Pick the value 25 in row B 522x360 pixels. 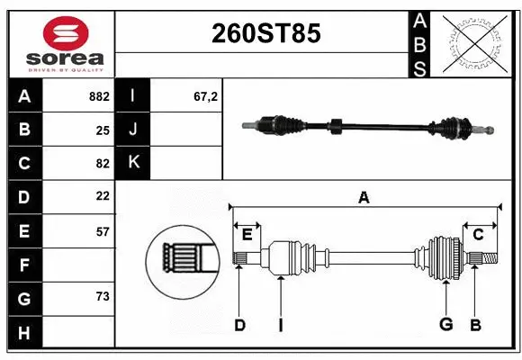[x=103, y=130]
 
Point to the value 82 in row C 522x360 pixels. [x=103, y=163]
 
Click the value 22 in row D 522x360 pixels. [x=103, y=196]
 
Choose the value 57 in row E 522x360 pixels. [x=103, y=231]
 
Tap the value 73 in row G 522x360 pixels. [x=103, y=297]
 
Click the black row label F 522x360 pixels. [x=24, y=265]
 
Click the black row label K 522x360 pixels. [x=134, y=163]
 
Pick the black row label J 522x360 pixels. [x=134, y=130]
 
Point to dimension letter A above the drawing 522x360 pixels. [x=364, y=197]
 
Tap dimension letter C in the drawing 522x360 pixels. [x=479, y=235]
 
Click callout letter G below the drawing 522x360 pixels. [x=445, y=325]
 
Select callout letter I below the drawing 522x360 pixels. [x=280, y=325]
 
